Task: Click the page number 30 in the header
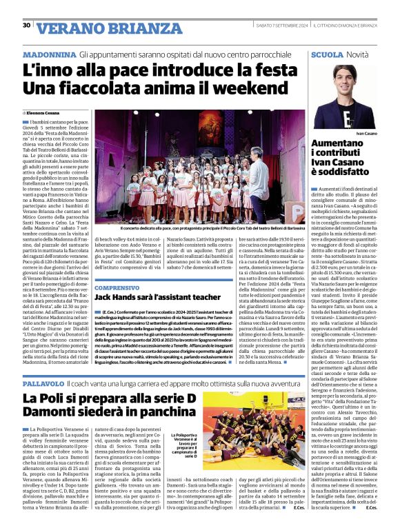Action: (26, 25)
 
